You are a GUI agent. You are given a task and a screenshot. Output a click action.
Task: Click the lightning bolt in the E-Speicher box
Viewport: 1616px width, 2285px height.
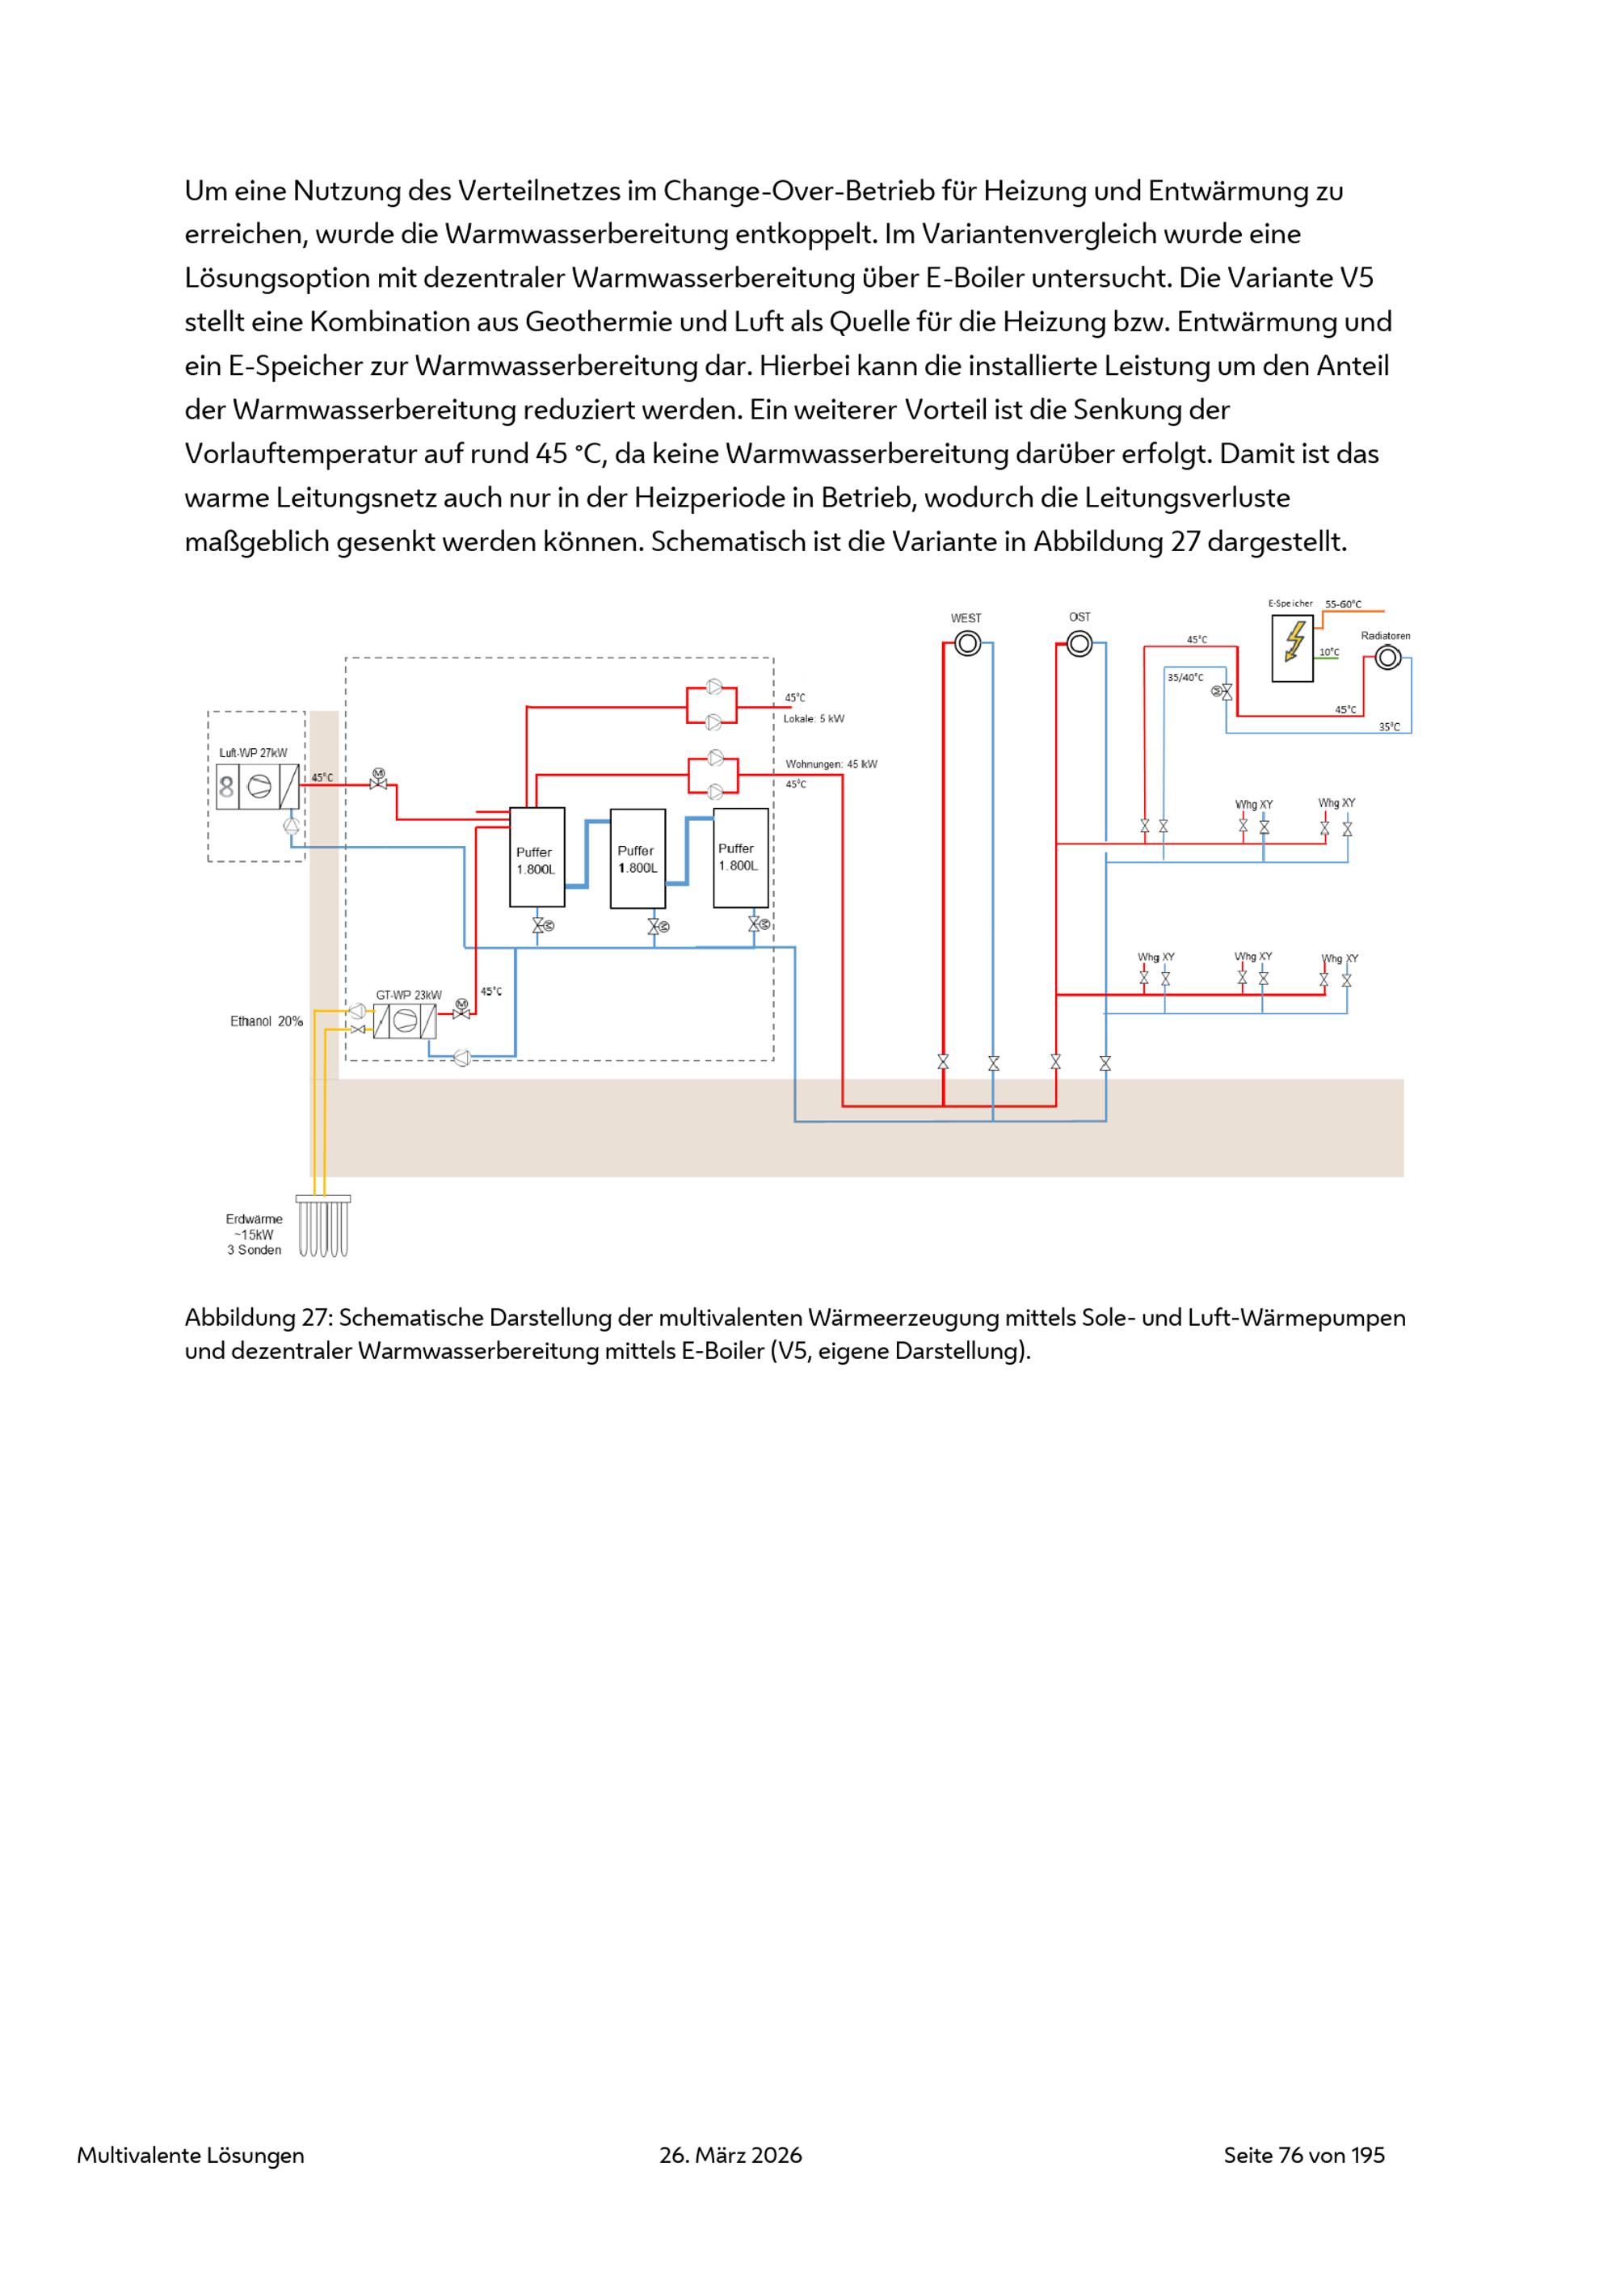tap(1294, 642)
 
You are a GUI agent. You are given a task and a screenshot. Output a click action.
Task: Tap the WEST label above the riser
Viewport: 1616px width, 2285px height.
tap(966, 618)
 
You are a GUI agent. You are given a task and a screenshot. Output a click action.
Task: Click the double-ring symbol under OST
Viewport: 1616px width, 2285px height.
tap(1079, 645)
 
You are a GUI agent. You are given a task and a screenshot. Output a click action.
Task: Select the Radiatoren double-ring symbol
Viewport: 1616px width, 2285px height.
tap(1387, 658)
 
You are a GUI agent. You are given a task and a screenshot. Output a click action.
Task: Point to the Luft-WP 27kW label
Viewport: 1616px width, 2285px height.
tap(253, 753)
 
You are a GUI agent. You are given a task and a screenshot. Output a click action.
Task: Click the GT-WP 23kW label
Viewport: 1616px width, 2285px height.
tap(408, 994)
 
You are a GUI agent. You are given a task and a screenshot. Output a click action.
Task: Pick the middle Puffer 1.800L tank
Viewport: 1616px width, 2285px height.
tap(638, 858)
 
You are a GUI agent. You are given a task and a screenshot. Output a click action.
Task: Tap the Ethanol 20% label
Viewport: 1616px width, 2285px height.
tap(267, 1021)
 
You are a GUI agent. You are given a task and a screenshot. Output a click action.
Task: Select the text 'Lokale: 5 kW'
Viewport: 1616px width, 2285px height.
tap(813, 718)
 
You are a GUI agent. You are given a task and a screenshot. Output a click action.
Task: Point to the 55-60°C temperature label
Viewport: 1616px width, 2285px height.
tap(1344, 604)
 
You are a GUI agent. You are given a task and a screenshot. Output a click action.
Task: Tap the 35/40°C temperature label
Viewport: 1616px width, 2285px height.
tap(1185, 678)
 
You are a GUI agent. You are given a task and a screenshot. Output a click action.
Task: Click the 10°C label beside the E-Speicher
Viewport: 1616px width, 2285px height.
tap(1329, 653)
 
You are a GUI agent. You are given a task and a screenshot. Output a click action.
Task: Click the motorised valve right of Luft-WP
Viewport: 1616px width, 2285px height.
tap(378, 781)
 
